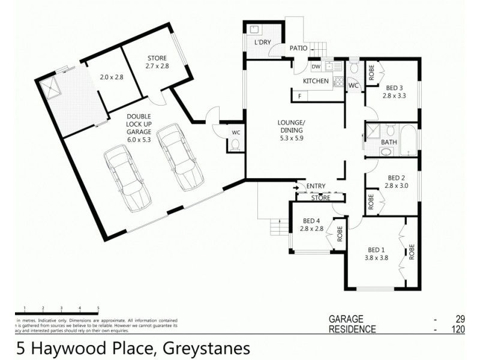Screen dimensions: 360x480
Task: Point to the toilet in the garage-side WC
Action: (235, 144)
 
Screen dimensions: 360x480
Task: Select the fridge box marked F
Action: (299, 95)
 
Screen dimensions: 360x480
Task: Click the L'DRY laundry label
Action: (262, 43)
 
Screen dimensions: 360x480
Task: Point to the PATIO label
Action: (298, 48)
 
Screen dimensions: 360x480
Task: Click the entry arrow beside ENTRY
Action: (296, 187)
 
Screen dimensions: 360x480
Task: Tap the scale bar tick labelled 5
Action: (98, 308)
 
